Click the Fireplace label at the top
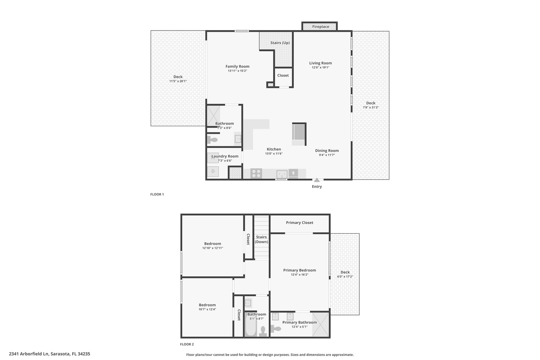click(321, 27)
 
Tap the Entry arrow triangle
click(317, 180)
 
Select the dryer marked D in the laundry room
click(213, 171)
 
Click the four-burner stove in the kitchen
click(256, 174)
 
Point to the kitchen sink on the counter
click(282, 174)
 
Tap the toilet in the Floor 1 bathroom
click(212, 140)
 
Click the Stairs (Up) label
click(280, 43)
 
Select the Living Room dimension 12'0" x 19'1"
click(321, 68)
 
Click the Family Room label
click(237, 66)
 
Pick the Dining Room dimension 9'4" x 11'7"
click(327, 155)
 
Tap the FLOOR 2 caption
click(187, 344)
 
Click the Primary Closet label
click(300, 223)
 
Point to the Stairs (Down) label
click(261, 239)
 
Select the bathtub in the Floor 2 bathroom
click(250, 325)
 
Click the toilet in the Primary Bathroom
click(276, 329)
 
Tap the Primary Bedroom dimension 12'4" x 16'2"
click(300, 275)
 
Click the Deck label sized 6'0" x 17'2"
click(345, 272)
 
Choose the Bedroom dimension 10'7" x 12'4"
click(207, 309)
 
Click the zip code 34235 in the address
click(83, 354)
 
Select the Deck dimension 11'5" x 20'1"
click(178, 81)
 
